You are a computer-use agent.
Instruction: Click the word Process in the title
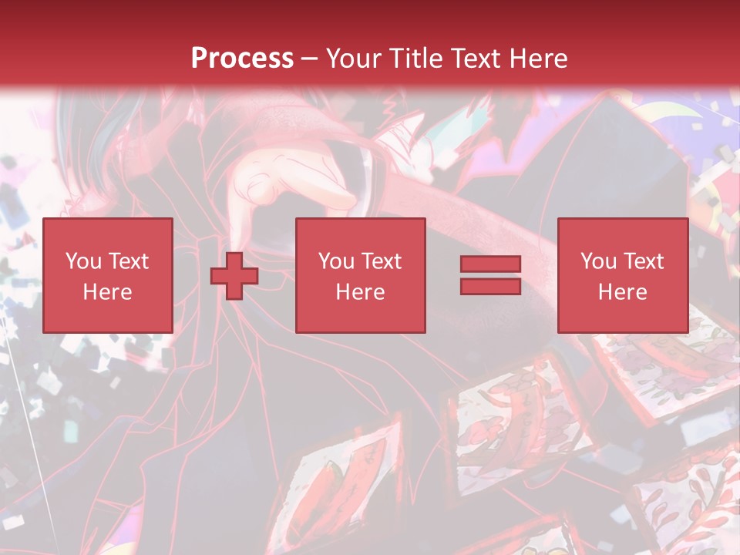(x=242, y=59)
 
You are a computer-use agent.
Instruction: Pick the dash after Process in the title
(x=309, y=59)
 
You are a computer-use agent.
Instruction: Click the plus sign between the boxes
(x=234, y=276)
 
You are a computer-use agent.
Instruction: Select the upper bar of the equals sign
(x=490, y=264)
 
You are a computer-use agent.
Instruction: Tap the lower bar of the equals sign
(x=490, y=287)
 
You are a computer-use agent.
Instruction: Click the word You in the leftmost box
(x=82, y=261)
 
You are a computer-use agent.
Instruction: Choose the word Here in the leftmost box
(x=107, y=292)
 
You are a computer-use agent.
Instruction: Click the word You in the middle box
(x=336, y=261)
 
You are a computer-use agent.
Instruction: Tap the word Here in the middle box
(x=361, y=292)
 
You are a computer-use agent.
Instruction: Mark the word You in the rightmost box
(x=598, y=261)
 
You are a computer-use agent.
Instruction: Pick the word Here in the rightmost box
(x=623, y=292)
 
